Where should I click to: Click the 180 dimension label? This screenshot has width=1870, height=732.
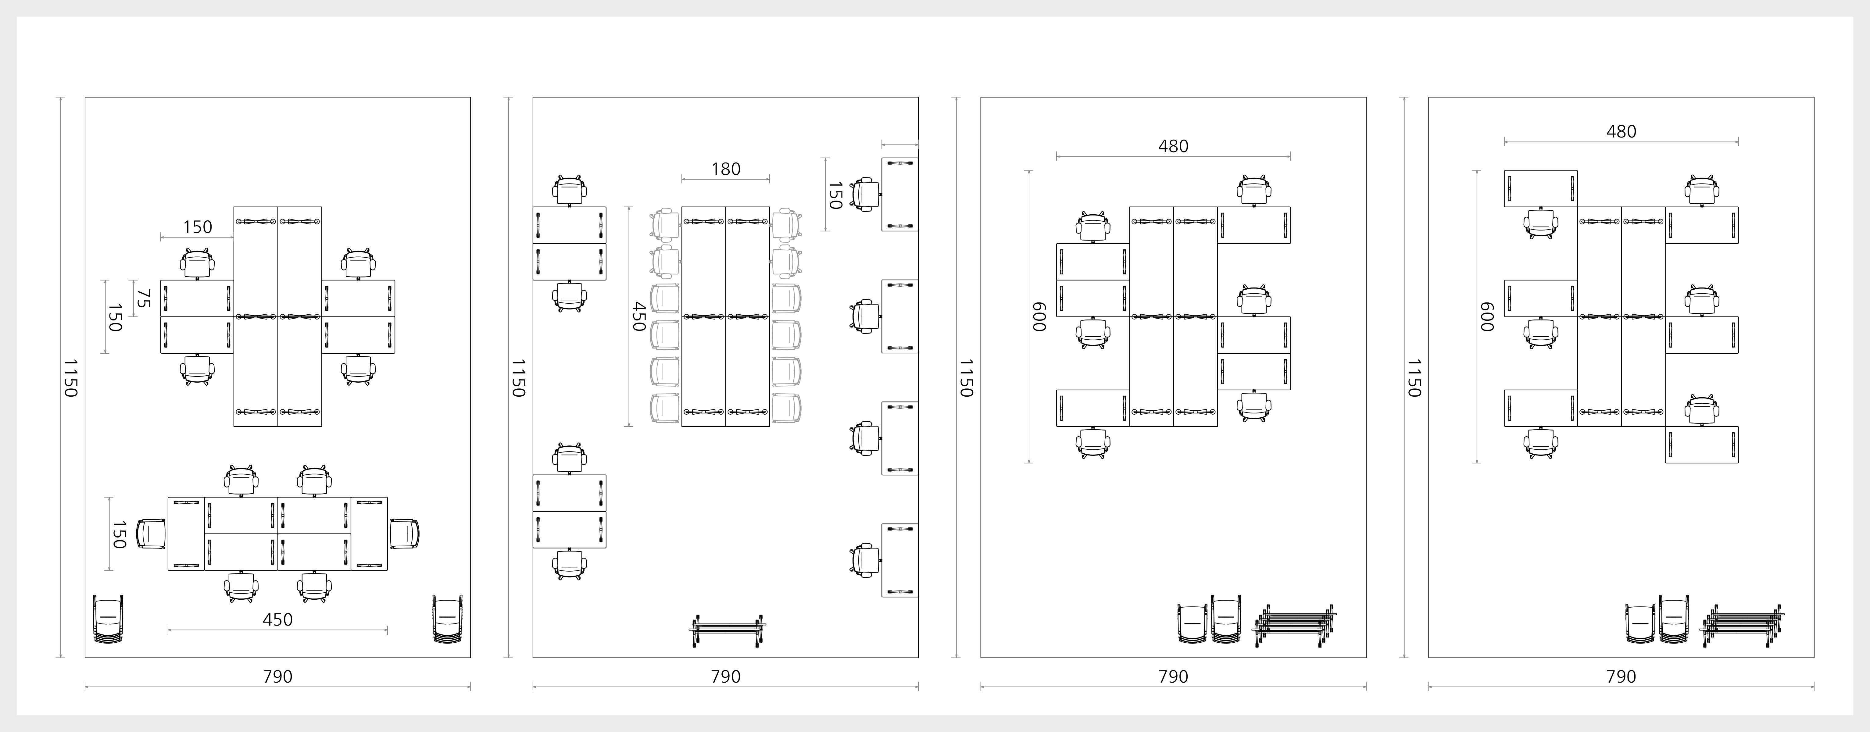[x=726, y=169]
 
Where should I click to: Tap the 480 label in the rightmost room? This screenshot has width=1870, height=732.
[x=1621, y=131]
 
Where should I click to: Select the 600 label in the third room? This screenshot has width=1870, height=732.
[x=1039, y=317]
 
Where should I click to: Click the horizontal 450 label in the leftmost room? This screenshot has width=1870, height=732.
[x=277, y=620]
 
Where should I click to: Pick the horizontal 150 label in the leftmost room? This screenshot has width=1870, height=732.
[x=198, y=227]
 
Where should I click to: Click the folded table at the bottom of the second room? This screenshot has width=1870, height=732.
[x=727, y=630]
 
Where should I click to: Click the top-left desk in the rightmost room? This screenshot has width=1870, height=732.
[x=1540, y=189]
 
